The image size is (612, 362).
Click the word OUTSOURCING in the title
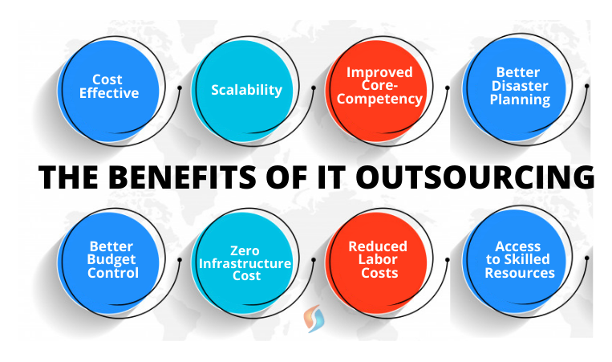click(x=475, y=177)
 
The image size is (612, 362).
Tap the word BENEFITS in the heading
click(x=183, y=177)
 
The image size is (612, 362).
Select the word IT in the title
click(x=330, y=177)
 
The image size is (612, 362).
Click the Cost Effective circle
click(x=109, y=91)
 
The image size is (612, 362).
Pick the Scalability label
click(x=247, y=90)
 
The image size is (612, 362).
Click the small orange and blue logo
click(x=314, y=319)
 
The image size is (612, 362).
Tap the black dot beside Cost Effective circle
click(x=180, y=87)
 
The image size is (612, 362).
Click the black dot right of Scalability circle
click(x=314, y=87)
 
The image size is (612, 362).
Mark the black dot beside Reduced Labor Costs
click(x=448, y=260)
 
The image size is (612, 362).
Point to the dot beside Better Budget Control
click(x=180, y=260)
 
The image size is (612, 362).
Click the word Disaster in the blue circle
click(x=520, y=86)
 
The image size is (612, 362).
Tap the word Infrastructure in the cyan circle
click(x=245, y=263)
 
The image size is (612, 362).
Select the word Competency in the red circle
click(x=379, y=100)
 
